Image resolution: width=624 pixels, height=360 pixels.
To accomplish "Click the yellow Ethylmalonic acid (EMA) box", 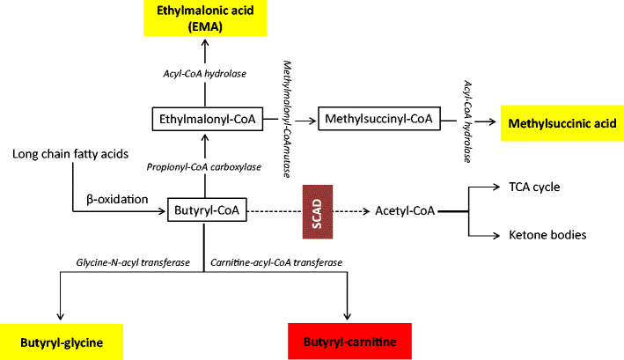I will point(204,19).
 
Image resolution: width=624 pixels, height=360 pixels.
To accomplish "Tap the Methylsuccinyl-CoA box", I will point(378,118).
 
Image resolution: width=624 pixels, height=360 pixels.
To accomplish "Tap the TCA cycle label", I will point(534,187).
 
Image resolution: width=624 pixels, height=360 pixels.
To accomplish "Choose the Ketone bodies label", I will point(547,235).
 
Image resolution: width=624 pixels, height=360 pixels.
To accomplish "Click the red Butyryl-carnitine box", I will point(350,341).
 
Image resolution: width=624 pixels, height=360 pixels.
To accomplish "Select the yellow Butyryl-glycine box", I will point(61,341).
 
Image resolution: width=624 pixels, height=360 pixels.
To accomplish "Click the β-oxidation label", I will point(117,199).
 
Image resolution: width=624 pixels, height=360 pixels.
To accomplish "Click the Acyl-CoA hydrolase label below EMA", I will point(204,73).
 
